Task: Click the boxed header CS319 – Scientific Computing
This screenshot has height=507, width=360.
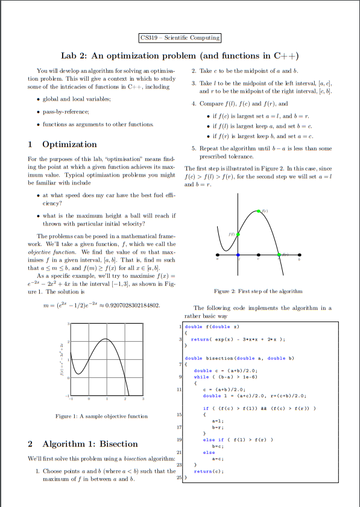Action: coord(180,38)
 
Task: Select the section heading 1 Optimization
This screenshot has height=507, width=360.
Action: coord(62,144)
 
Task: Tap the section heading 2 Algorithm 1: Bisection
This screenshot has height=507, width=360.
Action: coord(83,444)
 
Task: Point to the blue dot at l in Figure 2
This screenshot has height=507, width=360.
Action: coord(238,255)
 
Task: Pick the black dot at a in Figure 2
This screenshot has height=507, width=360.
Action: coord(218,255)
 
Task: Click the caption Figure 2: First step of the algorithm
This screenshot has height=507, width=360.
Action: coord(258,291)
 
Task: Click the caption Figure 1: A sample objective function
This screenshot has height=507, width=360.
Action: coord(101,416)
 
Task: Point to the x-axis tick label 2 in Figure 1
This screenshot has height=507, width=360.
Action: coord(125,399)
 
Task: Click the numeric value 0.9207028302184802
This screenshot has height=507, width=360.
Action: coord(133,306)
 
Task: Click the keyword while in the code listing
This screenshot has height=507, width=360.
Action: coord(201,376)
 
